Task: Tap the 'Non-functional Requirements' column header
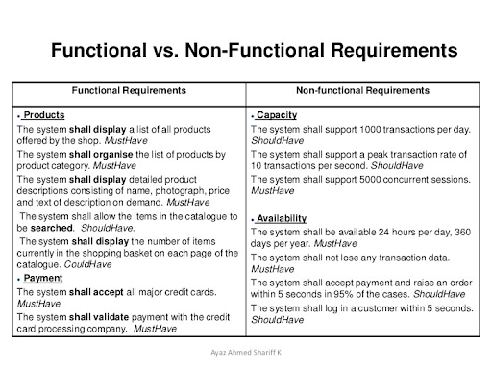click(361, 90)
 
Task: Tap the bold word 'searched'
click(53, 229)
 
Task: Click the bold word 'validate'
click(115, 316)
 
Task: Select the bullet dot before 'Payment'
click(18, 279)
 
